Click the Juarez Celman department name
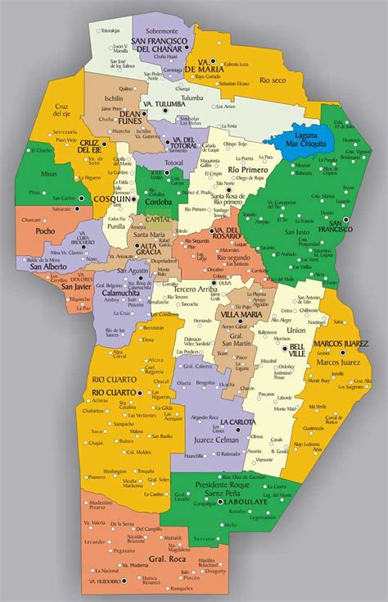click(x=216, y=440)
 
